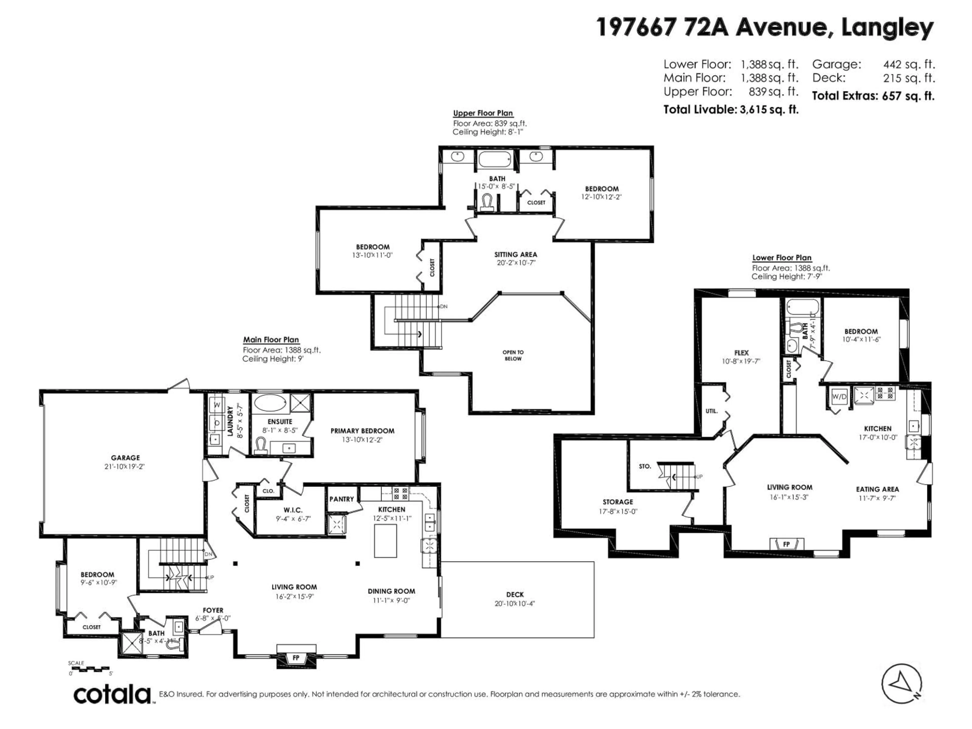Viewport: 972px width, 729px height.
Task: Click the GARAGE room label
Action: [x=125, y=457]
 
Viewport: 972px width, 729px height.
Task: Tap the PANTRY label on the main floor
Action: [x=341, y=499]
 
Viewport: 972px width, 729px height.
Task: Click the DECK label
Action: [x=515, y=594]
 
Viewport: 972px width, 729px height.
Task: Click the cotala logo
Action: [x=112, y=695]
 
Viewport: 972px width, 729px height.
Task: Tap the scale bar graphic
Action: [x=91, y=668]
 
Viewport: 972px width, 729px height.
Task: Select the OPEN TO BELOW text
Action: [x=513, y=355]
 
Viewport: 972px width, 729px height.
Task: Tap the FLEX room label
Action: [x=741, y=352]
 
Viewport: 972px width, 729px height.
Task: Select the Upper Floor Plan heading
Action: [x=483, y=113]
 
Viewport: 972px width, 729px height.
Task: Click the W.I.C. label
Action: [x=293, y=510]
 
